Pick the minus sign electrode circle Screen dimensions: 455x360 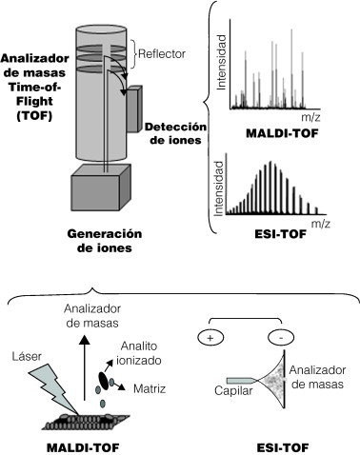click(277, 337)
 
